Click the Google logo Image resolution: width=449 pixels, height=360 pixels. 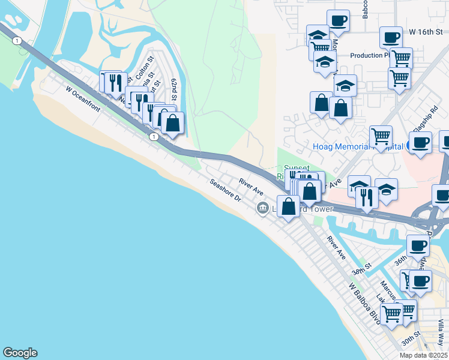pyautogui.click(x=20, y=353)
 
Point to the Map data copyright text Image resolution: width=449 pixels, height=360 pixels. pyautogui.click(x=424, y=355)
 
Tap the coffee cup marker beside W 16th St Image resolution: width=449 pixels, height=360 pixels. pyautogui.click(x=391, y=37)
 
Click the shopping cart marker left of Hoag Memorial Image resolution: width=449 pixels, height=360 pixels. pyautogui.click(x=381, y=137)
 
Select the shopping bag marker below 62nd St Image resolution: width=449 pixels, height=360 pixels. pyautogui.click(x=172, y=123)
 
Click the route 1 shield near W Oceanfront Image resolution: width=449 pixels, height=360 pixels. pyautogui.click(x=155, y=137)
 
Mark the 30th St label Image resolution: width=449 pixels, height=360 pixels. pyautogui.click(x=411, y=340)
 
